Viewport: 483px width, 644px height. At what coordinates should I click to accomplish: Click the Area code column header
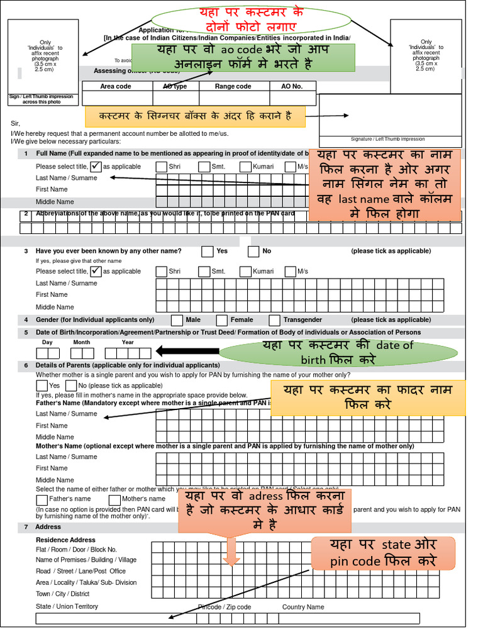[x=116, y=86]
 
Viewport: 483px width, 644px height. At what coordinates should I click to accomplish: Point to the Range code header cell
[x=233, y=86]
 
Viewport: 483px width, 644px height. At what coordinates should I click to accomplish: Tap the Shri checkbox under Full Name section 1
[x=162, y=167]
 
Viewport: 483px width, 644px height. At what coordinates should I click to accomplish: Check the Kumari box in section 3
[x=245, y=272]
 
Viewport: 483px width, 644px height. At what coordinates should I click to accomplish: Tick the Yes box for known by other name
[x=208, y=252]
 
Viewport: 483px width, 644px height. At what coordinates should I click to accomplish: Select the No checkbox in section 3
[x=253, y=252]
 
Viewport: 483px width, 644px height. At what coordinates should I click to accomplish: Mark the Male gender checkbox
[x=177, y=320]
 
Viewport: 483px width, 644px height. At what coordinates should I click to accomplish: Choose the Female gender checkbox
[x=222, y=320]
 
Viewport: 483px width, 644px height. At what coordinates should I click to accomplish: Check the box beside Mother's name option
[x=114, y=499]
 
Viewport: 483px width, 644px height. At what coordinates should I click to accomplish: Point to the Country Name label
[x=303, y=607]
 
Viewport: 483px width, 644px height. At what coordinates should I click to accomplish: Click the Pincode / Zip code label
[x=225, y=607]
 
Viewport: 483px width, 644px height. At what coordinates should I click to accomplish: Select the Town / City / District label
[x=62, y=594]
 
